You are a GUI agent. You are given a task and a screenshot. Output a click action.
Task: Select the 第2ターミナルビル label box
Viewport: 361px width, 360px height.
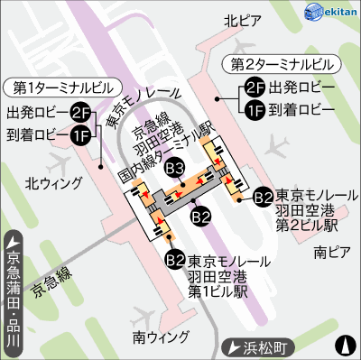coord(281,65)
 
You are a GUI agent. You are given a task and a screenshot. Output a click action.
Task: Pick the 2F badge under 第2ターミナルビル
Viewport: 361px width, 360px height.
coord(254,88)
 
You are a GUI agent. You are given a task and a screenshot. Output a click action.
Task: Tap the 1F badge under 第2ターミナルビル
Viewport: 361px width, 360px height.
coord(254,109)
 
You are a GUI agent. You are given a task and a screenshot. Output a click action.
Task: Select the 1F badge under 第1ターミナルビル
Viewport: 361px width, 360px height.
coord(81,134)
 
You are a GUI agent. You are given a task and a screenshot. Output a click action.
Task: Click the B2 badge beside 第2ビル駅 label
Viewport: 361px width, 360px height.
coord(263,195)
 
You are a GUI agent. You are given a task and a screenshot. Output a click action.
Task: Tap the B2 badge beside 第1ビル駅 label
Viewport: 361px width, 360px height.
coord(176,260)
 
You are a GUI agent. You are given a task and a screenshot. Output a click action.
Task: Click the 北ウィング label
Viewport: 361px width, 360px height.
coord(53,182)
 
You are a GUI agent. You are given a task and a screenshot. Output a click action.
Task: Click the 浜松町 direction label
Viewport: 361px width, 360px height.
coord(262,346)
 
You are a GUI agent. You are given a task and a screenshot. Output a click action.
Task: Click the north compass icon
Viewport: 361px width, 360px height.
coord(345,345)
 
